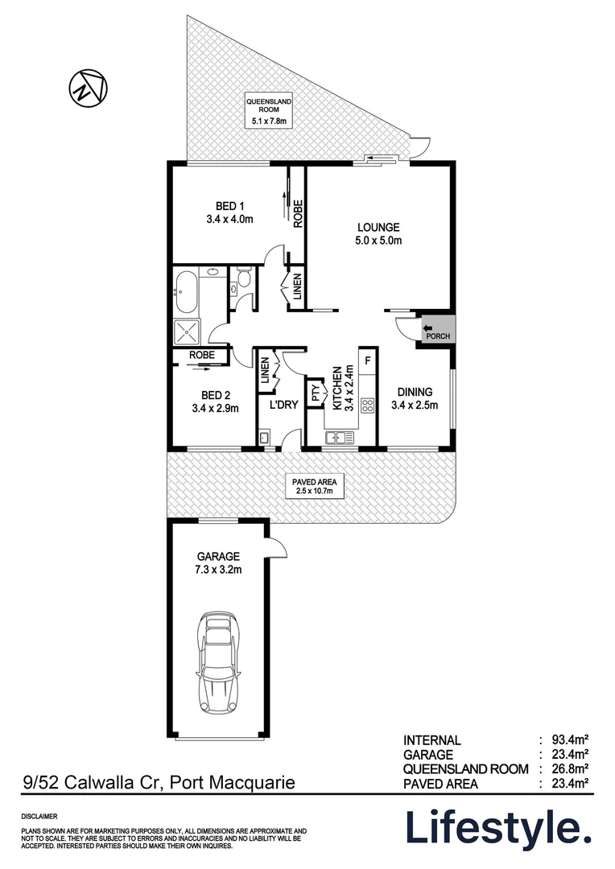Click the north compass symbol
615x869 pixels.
click(88, 87)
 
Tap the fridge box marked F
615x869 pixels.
click(367, 360)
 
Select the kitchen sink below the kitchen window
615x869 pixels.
click(341, 438)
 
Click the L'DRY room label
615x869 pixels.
click(284, 405)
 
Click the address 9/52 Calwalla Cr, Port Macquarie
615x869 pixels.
click(158, 781)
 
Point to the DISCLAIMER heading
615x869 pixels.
click(39, 816)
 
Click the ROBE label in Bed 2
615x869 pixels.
click(200, 354)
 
